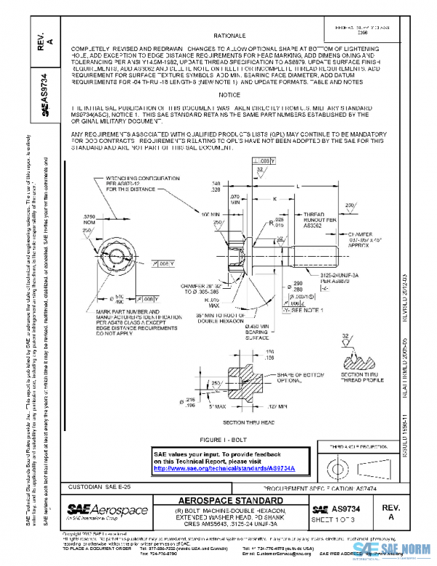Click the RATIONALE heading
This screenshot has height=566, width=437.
229,35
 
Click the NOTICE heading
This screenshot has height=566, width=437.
229,95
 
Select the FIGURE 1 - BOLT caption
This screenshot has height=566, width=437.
231,441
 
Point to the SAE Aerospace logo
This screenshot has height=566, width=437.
101,508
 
